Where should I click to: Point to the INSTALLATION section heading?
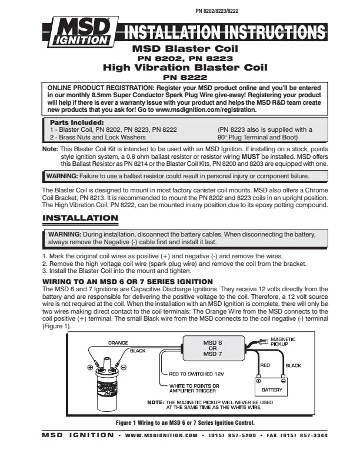click(81, 218)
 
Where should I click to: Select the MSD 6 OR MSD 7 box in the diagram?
click(212, 348)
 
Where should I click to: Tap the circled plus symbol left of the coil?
click(89, 367)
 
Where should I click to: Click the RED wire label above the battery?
click(265, 365)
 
